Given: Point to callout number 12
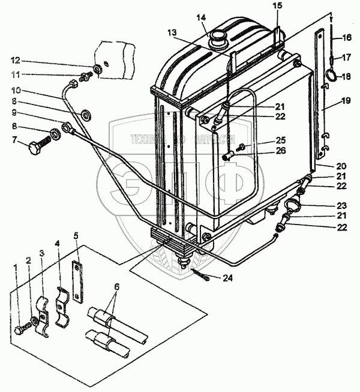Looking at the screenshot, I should tap(16, 60).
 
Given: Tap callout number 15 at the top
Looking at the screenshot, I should tap(275, 7).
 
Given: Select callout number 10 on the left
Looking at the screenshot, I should tap(16, 90).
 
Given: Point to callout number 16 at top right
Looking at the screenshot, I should tap(346, 38).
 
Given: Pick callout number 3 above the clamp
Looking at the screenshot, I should tap(41, 253).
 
